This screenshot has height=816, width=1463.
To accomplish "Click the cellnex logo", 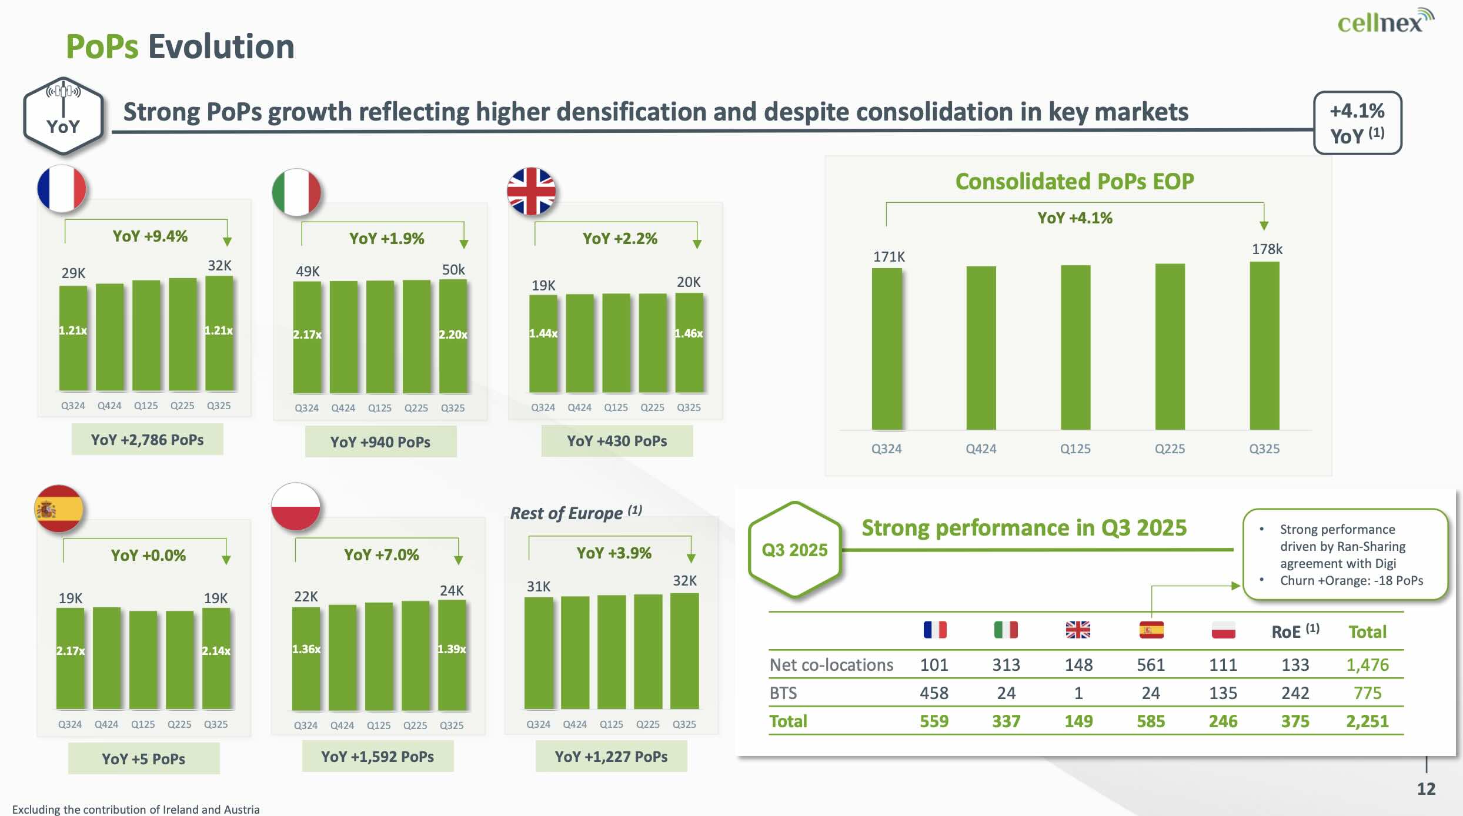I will (1385, 22).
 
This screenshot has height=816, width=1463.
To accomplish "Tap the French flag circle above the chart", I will (62, 189).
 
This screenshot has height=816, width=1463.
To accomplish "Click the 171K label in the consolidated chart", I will (889, 257).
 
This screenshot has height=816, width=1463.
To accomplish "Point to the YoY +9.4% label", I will (150, 236).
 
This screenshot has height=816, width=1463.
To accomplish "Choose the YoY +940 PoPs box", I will (380, 442).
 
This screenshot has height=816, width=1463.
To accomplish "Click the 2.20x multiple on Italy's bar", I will (453, 335).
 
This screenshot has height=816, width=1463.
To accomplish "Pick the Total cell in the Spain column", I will (1150, 721).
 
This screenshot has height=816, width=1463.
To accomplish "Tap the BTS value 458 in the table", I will (934, 693).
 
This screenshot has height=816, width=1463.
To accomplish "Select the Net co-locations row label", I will (831, 665).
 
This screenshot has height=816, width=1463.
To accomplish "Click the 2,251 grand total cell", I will (1367, 721).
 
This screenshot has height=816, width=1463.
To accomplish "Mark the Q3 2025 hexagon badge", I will (794, 550).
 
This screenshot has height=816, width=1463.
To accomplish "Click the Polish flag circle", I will (296, 507).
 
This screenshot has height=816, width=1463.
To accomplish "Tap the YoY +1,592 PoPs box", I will (378, 757).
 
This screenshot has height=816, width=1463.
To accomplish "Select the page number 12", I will (1426, 789).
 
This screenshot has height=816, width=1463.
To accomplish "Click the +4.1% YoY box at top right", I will (1357, 123).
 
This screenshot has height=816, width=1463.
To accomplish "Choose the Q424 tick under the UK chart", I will (579, 407).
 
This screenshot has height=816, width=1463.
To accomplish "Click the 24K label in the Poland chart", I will (452, 591).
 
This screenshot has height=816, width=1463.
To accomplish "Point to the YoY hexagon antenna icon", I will (64, 116).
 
